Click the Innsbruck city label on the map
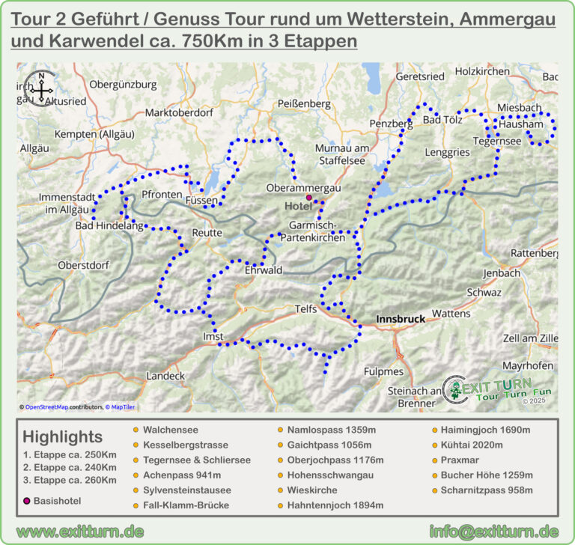400,319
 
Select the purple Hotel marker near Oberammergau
308,197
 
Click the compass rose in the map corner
40,88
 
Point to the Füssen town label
202,201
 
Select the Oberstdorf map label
84,265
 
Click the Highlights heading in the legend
63,436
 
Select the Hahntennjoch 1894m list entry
336,505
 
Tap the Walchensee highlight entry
170,430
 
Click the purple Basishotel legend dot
28,499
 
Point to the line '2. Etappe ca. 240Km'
70,467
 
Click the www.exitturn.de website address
80,532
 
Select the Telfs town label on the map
306,308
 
